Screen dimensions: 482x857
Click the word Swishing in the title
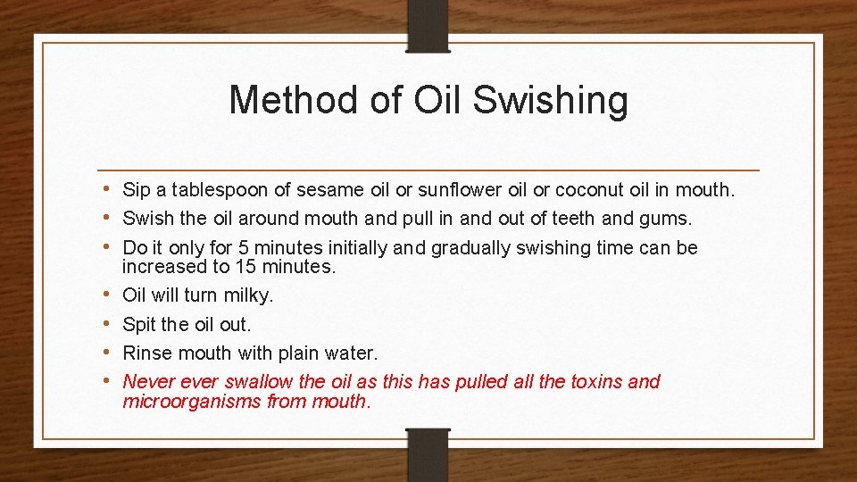[x=550, y=101]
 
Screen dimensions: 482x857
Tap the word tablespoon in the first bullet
[x=213, y=189]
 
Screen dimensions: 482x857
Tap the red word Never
[x=147, y=381]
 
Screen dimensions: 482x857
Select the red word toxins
[x=596, y=381]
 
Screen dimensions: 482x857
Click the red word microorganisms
[x=192, y=401]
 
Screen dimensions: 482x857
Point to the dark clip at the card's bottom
[x=428, y=455]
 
